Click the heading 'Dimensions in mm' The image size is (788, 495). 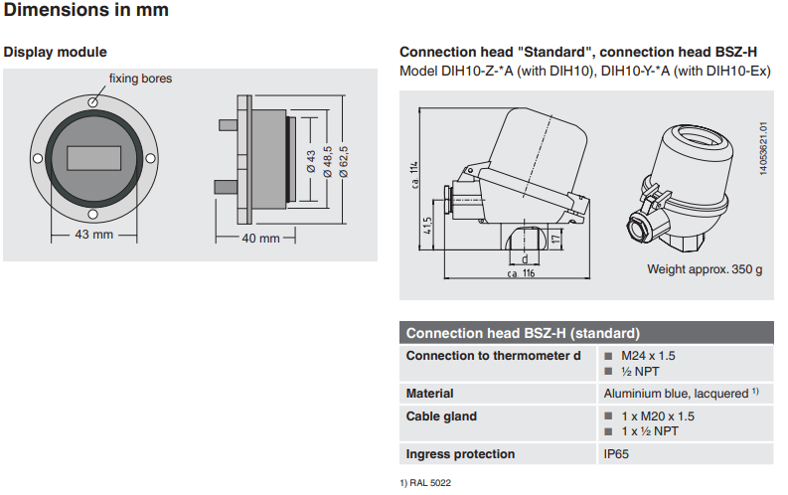tap(86, 11)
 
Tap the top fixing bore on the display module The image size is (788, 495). tap(91, 101)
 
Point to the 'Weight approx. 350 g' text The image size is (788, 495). tap(704, 268)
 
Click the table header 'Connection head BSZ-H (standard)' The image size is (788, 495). tap(523, 334)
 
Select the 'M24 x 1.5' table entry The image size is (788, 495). tap(657, 356)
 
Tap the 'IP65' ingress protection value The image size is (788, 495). tap(616, 454)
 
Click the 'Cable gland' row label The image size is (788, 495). tap(441, 416)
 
